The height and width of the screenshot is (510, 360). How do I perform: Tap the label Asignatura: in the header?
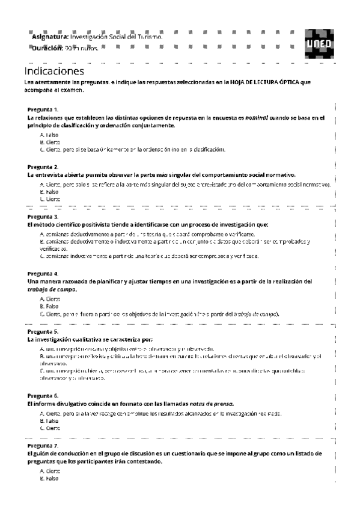(x=50, y=37)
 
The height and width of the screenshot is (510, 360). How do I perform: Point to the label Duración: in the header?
(x=47, y=48)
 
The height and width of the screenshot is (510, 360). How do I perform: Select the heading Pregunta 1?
(x=43, y=109)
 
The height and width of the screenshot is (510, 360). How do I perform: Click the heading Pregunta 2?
(x=43, y=166)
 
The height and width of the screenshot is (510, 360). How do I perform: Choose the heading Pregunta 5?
(x=43, y=331)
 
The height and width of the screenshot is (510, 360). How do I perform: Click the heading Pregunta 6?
(x=43, y=396)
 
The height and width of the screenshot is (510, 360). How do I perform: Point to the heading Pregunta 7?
(x=43, y=446)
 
